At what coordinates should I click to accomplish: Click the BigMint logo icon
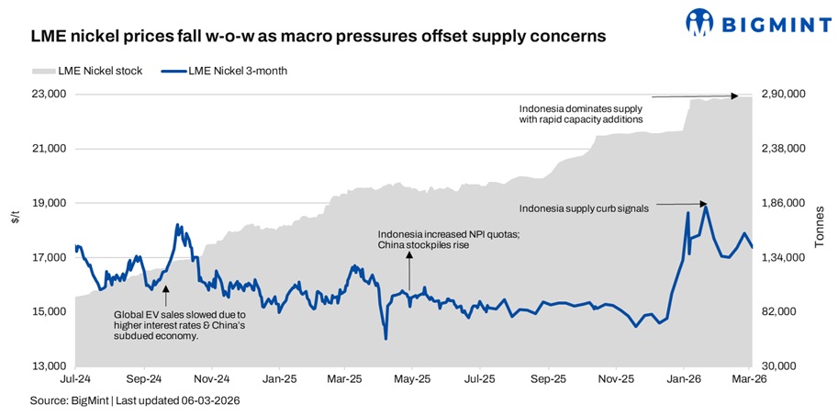(x=700, y=21)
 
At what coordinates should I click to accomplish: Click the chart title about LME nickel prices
(x=318, y=37)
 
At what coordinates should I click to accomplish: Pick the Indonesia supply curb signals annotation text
(x=584, y=208)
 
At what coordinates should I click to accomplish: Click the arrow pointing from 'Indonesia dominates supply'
(x=694, y=96)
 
